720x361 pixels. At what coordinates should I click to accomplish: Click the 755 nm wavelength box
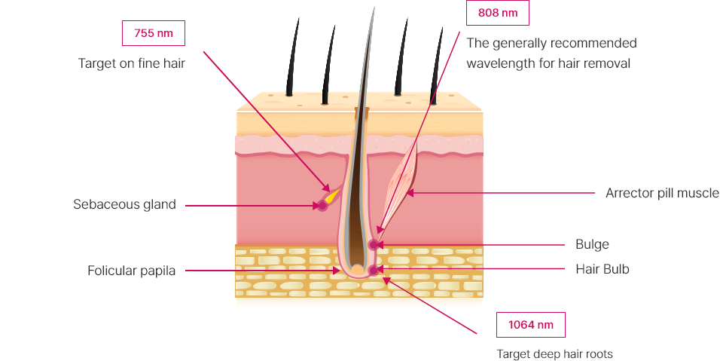click(154, 33)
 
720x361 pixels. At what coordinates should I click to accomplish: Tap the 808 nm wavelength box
click(498, 13)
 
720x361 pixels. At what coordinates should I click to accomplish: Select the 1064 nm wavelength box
click(531, 325)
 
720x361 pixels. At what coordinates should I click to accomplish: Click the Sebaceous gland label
click(124, 204)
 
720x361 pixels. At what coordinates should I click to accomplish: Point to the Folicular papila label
click(131, 271)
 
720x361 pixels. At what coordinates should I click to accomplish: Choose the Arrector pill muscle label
click(662, 193)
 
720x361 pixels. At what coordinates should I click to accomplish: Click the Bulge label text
click(593, 244)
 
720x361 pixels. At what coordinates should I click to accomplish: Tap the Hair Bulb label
click(603, 269)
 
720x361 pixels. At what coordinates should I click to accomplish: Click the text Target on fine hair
click(132, 63)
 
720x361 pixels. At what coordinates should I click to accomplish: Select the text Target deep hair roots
click(555, 354)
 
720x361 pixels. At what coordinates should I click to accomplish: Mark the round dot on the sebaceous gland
click(322, 206)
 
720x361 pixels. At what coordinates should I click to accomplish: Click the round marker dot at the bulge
click(374, 245)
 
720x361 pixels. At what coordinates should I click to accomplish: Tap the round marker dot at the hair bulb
click(374, 270)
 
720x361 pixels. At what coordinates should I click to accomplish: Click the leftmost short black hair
click(292, 57)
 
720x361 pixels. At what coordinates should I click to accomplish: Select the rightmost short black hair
click(436, 66)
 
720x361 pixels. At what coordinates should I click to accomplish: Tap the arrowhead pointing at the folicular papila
click(337, 271)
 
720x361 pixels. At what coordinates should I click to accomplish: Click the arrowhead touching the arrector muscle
click(410, 194)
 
